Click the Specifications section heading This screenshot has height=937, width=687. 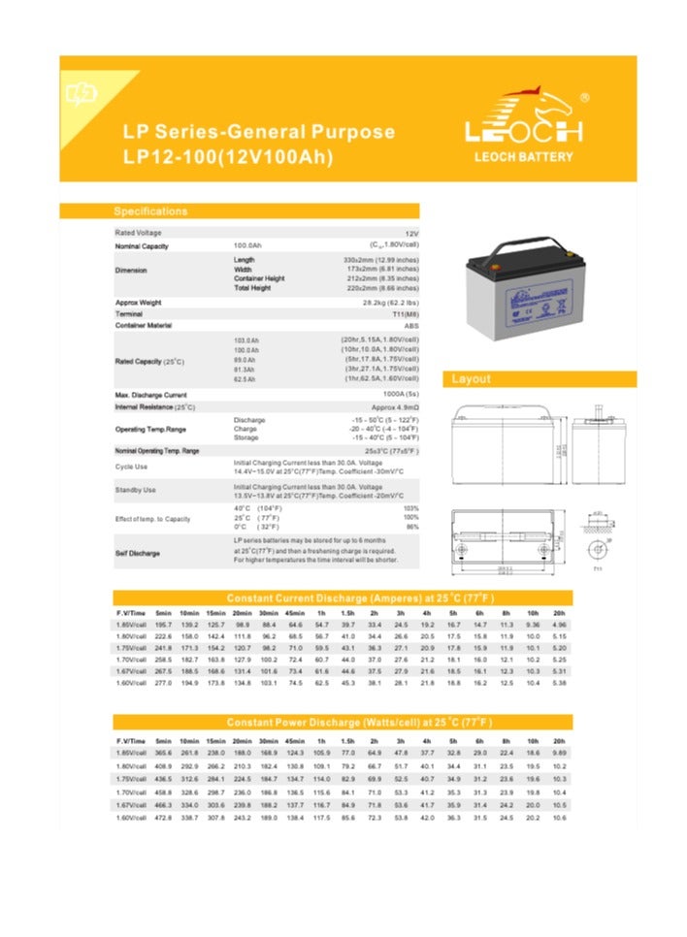pyautogui.click(x=150, y=211)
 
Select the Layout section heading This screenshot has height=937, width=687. pyautogui.click(x=472, y=379)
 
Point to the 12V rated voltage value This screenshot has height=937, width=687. pyautogui.click(x=411, y=234)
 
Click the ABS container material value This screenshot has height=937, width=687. pyautogui.click(x=411, y=326)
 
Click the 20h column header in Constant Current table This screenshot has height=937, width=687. pyautogui.click(x=559, y=614)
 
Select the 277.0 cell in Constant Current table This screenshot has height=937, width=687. pyautogui.click(x=163, y=684)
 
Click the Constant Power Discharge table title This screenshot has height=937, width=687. pyautogui.click(x=359, y=724)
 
